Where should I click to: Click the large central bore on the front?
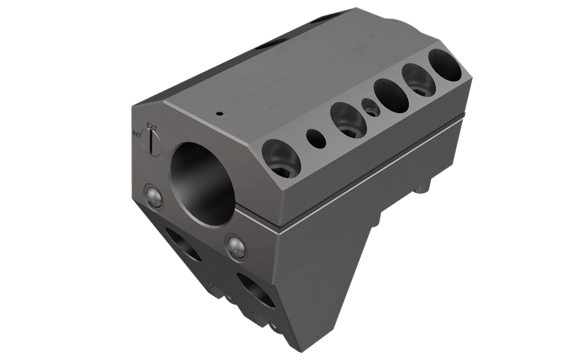(x=202, y=182)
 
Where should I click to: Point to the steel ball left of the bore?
(x=153, y=197)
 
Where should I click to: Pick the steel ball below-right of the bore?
(x=236, y=247)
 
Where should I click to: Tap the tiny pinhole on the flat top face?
(x=219, y=114)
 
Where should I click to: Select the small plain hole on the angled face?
(x=316, y=139)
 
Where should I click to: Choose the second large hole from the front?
(x=348, y=120)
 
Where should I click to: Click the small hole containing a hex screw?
(x=371, y=107)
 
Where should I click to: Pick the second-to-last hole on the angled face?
(x=418, y=80)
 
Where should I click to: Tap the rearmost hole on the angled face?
(x=444, y=65)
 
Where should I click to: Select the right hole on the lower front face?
(x=256, y=289)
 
